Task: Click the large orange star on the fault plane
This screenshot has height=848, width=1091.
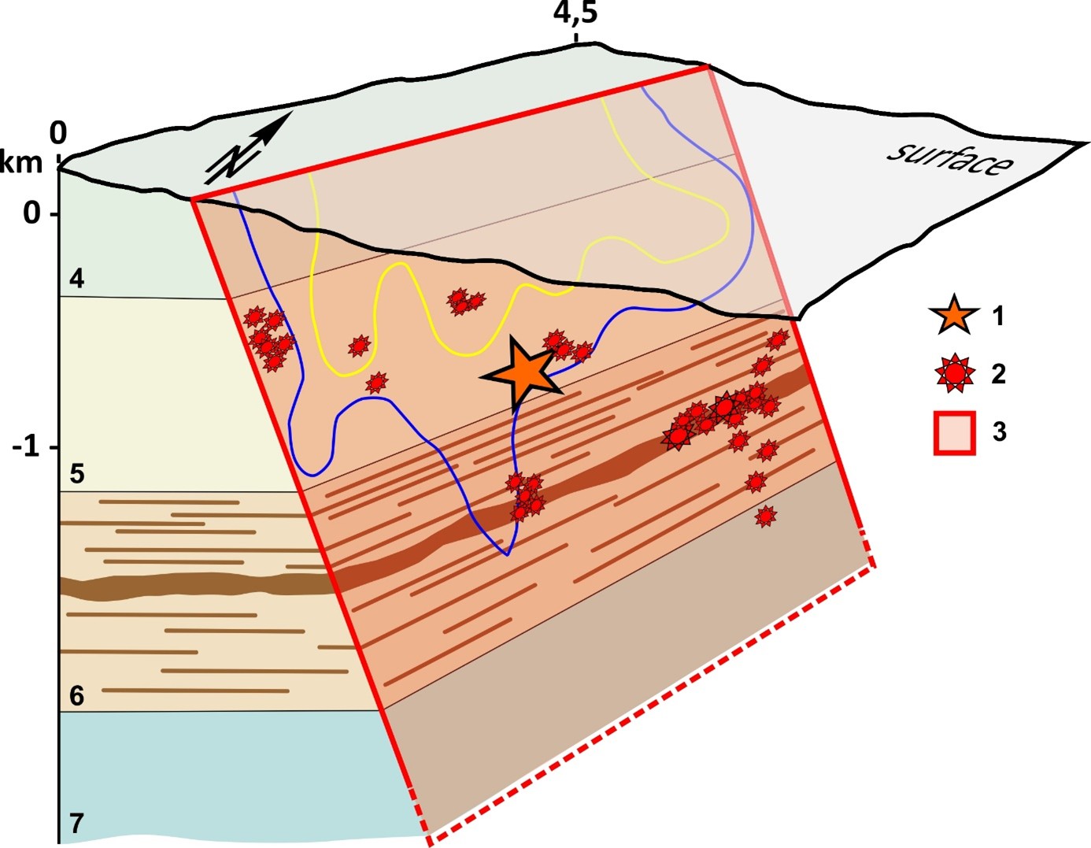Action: tap(523, 374)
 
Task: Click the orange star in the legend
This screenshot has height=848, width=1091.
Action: tap(953, 316)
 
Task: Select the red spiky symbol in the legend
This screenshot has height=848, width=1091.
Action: tap(954, 373)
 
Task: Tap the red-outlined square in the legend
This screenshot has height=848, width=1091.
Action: tap(955, 432)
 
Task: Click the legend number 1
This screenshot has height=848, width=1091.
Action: tap(998, 317)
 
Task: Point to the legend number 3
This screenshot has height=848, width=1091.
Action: tap(999, 431)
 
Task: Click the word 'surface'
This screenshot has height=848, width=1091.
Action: tap(949, 160)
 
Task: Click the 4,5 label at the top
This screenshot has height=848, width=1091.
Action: tap(575, 13)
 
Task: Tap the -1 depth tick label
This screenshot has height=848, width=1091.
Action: tap(26, 446)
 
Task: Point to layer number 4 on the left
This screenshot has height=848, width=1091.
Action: tap(76, 278)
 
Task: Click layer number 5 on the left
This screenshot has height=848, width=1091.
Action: tap(76, 473)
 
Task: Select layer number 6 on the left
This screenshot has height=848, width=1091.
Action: tap(76, 695)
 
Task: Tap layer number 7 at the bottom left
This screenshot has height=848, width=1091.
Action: tap(76, 823)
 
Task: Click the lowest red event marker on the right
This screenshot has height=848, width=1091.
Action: tap(765, 516)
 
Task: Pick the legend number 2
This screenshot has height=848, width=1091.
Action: tap(998, 373)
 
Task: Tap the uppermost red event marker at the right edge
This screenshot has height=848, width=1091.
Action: tap(778, 339)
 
